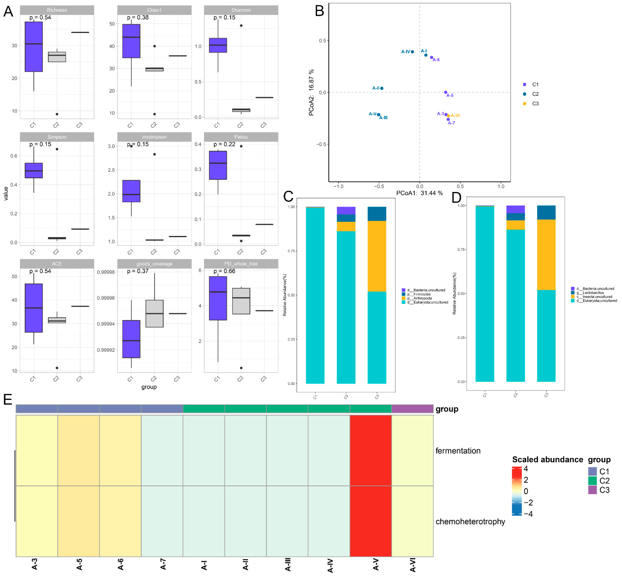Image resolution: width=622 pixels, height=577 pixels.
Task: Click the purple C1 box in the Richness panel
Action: pyautogui.click(x=34, y=47)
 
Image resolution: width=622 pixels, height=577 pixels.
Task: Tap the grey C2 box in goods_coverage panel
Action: pyautogui.click(x=154, y=313)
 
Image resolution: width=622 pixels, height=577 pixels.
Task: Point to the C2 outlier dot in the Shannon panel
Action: pyautogui.click(x=241, y=26)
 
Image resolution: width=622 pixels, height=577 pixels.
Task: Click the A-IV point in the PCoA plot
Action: pyautogui.click(x=412, y=52)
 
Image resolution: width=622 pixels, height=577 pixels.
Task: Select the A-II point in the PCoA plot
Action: pyautogui.click(x=382, y=88)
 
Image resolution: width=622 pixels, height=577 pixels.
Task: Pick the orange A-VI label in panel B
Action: pyautogui.click(x=455, y=115)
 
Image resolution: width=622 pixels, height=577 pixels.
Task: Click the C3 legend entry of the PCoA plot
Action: pyautogui.click(x=535, y=104)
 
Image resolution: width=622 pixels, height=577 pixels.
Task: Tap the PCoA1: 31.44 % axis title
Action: pyautogui.click(x=419, y=193)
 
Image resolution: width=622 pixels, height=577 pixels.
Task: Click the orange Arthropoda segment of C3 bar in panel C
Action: pyautogui.click(x=377, y=256)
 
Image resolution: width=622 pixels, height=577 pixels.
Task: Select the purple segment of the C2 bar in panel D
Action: pyautogui.click(x=515, y=209)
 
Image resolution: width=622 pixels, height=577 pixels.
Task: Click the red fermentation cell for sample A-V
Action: pyautogui.click(x=370, y=450)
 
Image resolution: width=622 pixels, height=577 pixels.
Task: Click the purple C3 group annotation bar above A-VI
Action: pyautogui.click(x=412, y=409)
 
